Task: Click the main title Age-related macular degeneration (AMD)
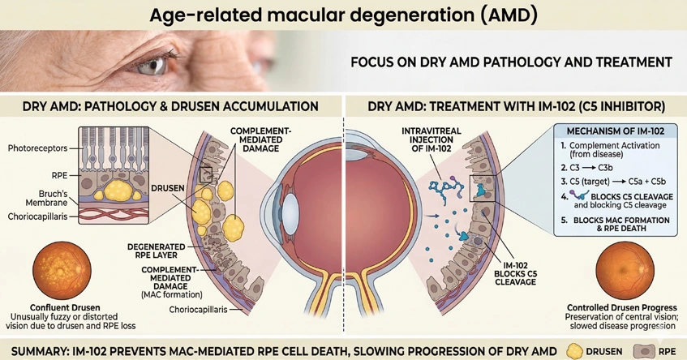click(x=343, y=15)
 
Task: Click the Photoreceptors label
click(x=37, y=148)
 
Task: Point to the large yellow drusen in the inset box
click(x=118, y=191)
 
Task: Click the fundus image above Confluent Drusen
click(x=62, y=271)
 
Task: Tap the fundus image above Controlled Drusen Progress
click(x=625, y=271)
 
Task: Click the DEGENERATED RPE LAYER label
click(x=157, y=251)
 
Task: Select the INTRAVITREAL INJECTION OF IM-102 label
click(x=432, y=139)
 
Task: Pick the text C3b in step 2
click(x=606, y=168)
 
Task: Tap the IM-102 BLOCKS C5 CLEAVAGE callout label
click(x=515, y=273)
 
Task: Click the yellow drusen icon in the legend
click(x=574, y=351)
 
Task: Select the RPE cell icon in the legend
click(x=644, y=351)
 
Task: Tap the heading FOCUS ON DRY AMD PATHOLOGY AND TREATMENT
click(x=511, y=62)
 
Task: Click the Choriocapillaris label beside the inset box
click(x=37, y=216)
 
